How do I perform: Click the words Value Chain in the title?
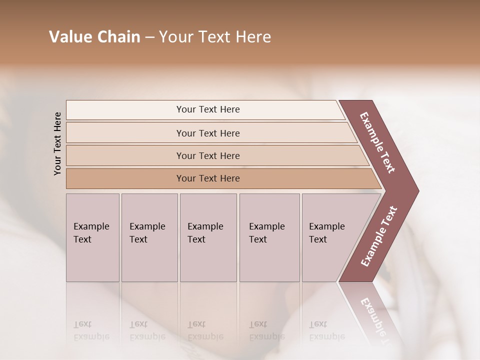tap(94, 37)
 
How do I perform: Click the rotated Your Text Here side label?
tap(58, 143)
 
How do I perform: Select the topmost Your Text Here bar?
tap(208, 109)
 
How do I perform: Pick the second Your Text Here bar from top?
tap(208, 133)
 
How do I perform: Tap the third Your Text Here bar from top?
tap(208, 155)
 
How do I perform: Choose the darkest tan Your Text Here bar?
tap(208, 178)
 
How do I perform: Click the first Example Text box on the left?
tap(92, 237)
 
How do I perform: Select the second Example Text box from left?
tap(149, 237)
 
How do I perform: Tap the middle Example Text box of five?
tap(208, 237)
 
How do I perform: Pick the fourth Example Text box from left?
tap(269, 237)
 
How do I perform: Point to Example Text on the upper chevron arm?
tap(377, 142)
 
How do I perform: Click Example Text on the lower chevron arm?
tap(378, 236)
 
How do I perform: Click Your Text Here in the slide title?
tap(215, 37)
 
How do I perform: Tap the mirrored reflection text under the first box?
tap(91, 331)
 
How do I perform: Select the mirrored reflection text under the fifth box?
tap(326, 331)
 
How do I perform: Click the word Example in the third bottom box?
tap(205, 226)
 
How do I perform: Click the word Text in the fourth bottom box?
tap(258, 239)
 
